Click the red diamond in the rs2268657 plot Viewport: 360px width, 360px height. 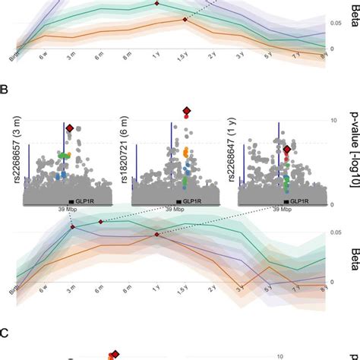pyautogui.click(x=70, y=128)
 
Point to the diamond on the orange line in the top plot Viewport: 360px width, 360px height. pyautogui.click(x=185, y=20)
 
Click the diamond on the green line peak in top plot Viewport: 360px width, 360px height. pyautogui.click(x=157, y=4)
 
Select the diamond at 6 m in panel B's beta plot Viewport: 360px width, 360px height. pyautogui.click(x=100, y=222)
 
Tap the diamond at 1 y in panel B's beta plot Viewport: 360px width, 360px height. pyautogui.click(x=157, y=235)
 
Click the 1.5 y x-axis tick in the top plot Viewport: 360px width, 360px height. pyautogui.click(x=185, y=57)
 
